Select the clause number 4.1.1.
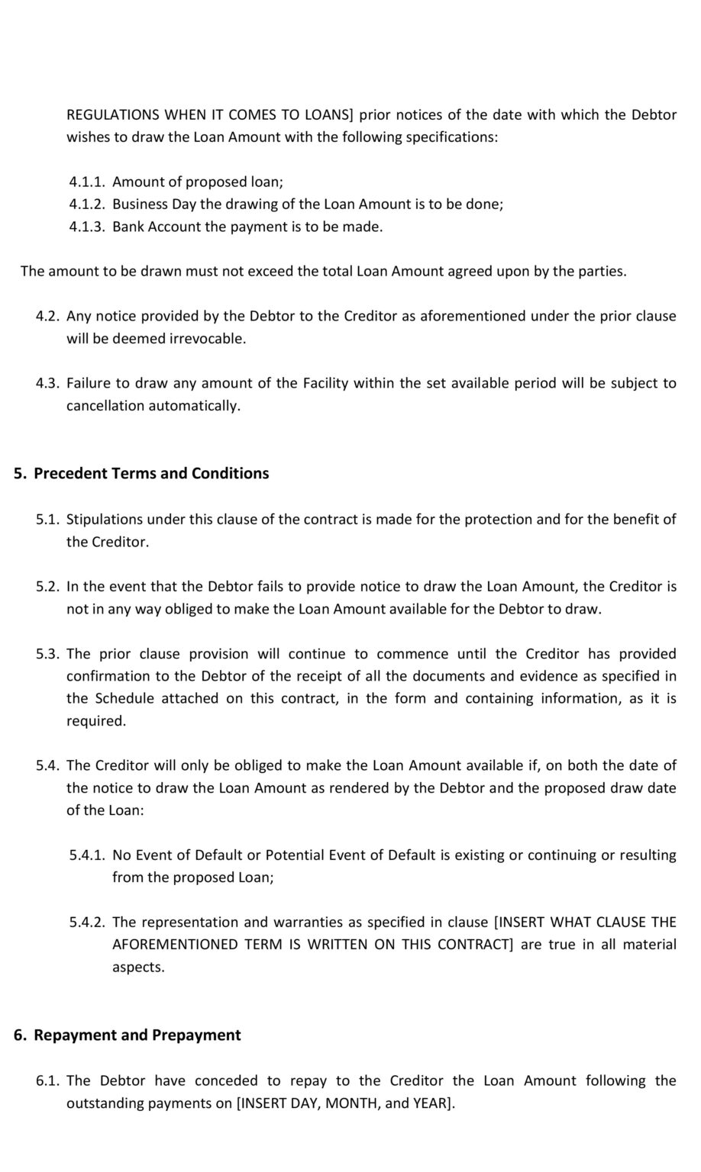click(86, 182)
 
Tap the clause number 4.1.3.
click(86, 227)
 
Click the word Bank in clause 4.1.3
click(128, 227)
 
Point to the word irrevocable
click(207, 339)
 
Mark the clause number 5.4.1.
click(86, 855)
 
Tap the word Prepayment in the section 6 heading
click(196, 1035)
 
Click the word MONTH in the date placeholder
click(352, 1104)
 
